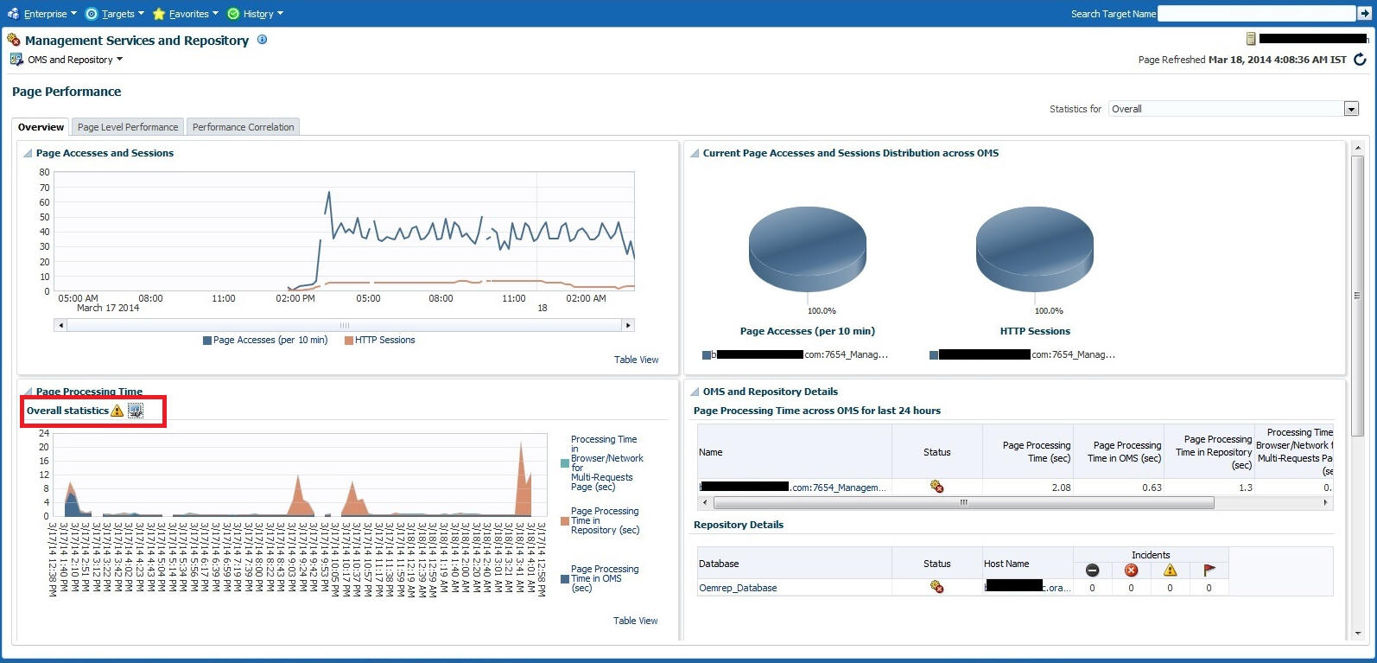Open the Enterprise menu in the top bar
[x=43, y=14]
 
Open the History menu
[x=257, y=14]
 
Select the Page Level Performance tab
[x=128, y=127]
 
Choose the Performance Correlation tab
[x=243, y=127]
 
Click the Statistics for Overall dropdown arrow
[x=1351, y=109]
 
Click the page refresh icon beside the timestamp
[x=1360, y=60]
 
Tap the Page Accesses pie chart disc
[x=807, y=247]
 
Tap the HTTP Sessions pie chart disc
[x=1034, y=247]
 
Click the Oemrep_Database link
[x=738, y=588]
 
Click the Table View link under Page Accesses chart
[x=636, y=360]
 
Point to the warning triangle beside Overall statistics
[x=117, y=411]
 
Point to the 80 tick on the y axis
[x=44, y=172]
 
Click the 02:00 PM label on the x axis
[x=295, y=298]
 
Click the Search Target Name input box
[x=1256, y=14]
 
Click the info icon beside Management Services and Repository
[x=263, y=40]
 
